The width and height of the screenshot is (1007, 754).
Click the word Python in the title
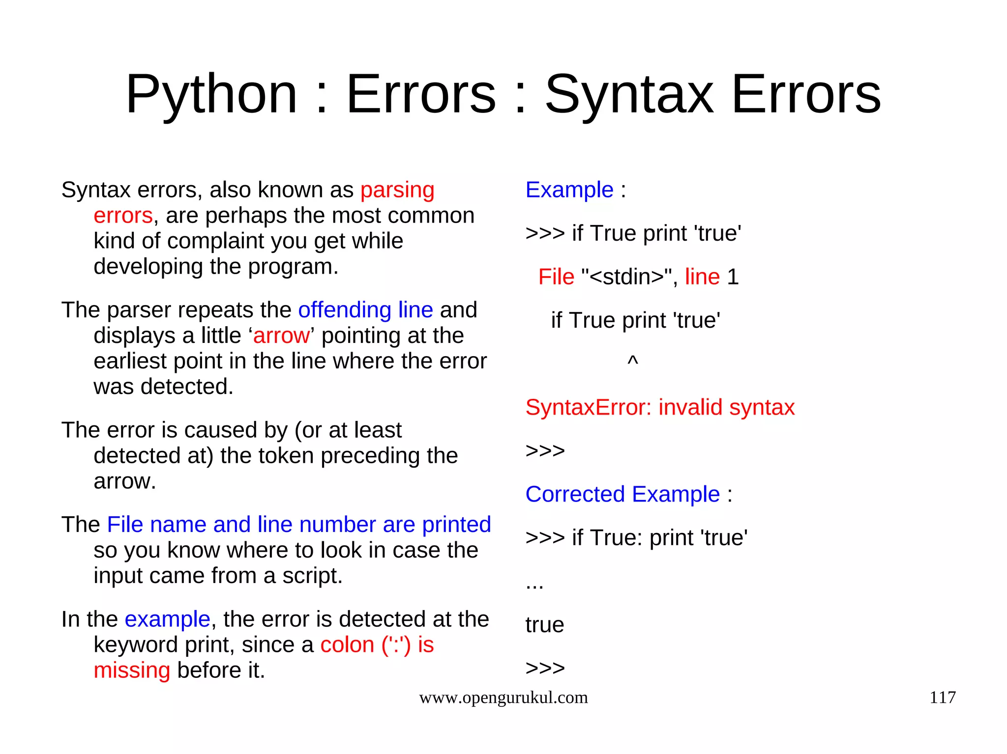211,94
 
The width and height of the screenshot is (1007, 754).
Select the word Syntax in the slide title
629,94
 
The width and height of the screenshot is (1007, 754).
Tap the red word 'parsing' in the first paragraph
397,190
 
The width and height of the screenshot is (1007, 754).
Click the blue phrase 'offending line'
365,310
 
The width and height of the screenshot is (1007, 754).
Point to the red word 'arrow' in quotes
281,336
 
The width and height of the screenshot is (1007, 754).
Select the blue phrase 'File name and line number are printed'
299,525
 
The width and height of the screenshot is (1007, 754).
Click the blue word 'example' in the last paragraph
167,619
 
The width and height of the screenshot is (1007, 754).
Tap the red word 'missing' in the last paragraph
132,670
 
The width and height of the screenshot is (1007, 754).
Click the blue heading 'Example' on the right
569,190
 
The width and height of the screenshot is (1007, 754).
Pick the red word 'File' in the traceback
556,277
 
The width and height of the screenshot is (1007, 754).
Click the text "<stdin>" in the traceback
626,277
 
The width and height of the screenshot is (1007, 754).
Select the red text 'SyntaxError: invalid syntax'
660,408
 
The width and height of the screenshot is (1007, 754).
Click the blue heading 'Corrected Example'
622,495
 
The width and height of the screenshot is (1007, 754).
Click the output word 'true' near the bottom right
545,625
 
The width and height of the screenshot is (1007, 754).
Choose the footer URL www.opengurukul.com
503,698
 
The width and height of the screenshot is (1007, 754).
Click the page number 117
942,698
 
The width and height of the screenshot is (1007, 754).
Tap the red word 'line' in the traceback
702,277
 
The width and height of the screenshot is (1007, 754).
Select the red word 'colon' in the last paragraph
347,645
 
